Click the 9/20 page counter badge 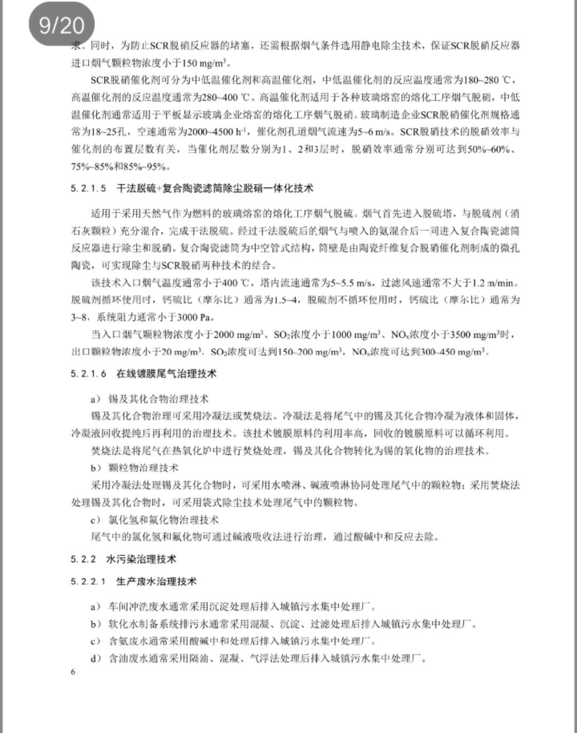(61, 25)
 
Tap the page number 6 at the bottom (73, 672)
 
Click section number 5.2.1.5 (88, 188)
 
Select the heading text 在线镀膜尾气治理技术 (166, 374)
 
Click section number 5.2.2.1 (88, 581)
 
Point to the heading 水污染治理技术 (141, 559)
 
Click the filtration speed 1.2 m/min (496, 282)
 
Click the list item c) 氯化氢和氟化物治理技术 (154, 519)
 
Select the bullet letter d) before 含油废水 (96, 658)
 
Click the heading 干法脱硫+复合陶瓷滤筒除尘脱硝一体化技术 (215, 188)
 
